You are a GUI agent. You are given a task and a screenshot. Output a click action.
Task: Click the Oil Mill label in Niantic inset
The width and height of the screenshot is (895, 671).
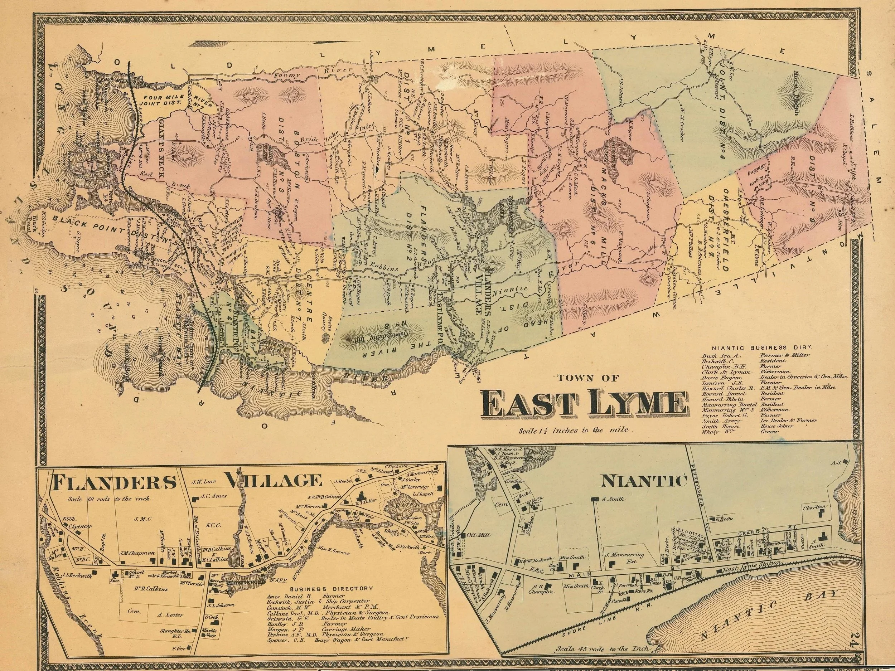click(478, 534)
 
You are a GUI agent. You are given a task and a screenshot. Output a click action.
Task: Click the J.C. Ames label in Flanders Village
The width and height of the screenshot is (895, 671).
click(215, 496)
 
